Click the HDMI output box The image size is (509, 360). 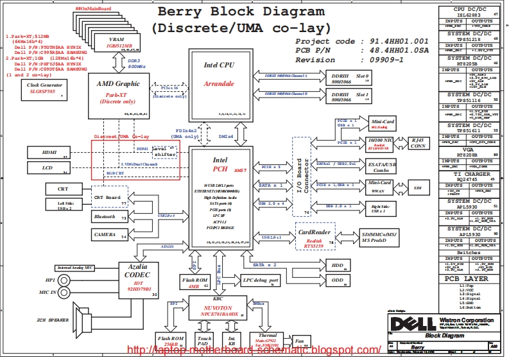[48, 153]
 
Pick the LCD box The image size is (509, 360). [48, 168]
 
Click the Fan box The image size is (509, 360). [298, 342]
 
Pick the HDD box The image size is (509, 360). [337, 265]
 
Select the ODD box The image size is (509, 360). [337, 280]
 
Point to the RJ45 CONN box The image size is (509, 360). [418, 143]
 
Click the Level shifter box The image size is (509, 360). [164, 151]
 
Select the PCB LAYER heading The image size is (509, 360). [469, 279]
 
